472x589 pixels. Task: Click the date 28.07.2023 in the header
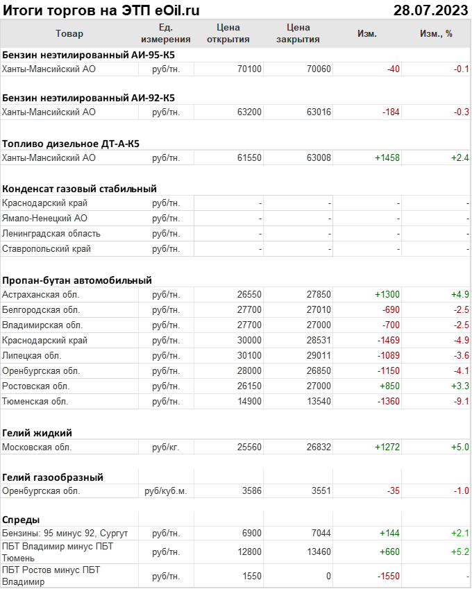click(x=430, y=10)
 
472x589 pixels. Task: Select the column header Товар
click(x=69, y=33)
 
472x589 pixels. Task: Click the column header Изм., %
click(x=436, y=33)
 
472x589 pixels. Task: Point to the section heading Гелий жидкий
click(x=37, y=432)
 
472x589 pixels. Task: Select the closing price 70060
click(x=319, y=69)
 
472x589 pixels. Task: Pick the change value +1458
click(x=387, y=158)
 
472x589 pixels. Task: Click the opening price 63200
click(x=249, y=112)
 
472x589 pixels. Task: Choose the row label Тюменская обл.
click(x=35, y=401)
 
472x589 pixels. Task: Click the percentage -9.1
click(x=460, y=401)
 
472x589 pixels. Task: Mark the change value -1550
click(x=387, y=577)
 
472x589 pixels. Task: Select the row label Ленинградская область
click(x=51, y=234)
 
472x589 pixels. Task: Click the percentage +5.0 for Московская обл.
click(x=460, y=447)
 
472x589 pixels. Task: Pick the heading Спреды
click(x=21, y=520)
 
